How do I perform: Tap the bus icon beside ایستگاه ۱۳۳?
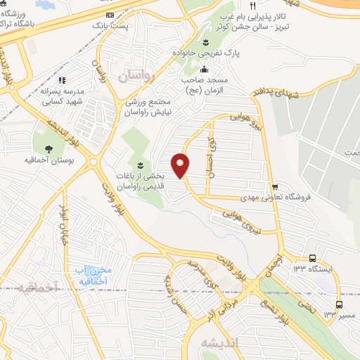pyautogui.click(x=312, y=257)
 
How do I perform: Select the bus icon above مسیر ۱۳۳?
pyautogui.click(x=340, y=304)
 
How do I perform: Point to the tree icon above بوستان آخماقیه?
pyautogui.click(x=49, y=148)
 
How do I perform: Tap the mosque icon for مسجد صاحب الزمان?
pyautogui.click(x=204, y=69)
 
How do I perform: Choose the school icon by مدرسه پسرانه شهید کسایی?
pyautogui.click(x=61, y=80)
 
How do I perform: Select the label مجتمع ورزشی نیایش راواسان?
pyautogui.click(x=159, y=105)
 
